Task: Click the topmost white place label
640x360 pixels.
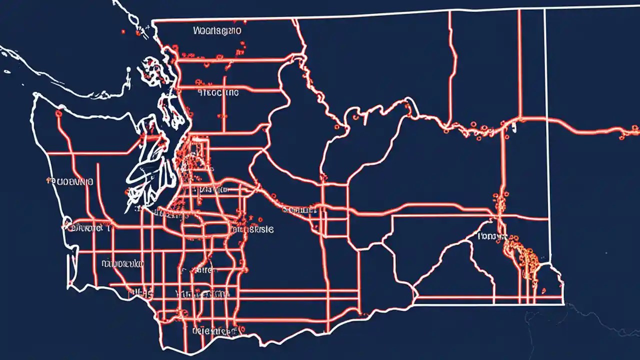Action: pos(216,31)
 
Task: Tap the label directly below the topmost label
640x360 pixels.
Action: pos(218,92)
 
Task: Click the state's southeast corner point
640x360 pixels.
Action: pos(564,303)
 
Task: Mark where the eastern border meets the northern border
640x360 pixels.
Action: pos(544,9)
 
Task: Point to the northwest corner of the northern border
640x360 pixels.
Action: pos(152,21)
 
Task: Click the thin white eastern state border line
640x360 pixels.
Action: pos(547,125)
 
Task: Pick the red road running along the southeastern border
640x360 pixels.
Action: pos(490,297)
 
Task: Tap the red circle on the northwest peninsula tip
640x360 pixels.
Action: pos(58,113)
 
